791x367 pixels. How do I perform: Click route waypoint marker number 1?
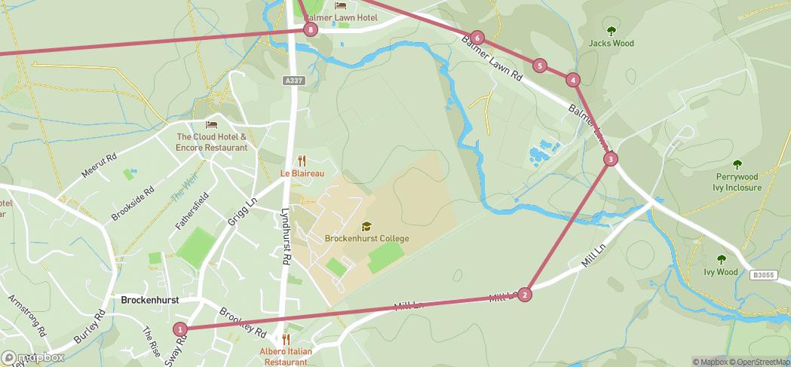(x=179, y=329)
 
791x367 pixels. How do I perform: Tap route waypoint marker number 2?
(x=525, y=295)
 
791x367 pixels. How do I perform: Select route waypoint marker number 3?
(x=610, y=159)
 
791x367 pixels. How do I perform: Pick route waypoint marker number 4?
(x=573, y=80)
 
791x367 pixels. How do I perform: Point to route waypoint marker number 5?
(x=539, y=66)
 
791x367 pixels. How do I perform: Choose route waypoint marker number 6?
(x=477, y=38)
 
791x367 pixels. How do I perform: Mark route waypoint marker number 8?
(x=310, y=30)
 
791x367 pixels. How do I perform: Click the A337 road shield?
(x=294, y=81)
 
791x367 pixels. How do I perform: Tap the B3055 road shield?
(x=763, y=276)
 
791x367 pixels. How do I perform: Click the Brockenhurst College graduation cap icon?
(x=366, y=226)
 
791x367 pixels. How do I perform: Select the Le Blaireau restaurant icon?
(x=302, y=161)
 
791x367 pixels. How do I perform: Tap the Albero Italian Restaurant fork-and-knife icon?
(x=285, y=340)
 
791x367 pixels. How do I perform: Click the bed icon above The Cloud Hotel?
(x=211, y=124)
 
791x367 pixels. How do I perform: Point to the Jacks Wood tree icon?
(x=611, y=31)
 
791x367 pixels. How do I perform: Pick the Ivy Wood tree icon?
(x=721, y=260)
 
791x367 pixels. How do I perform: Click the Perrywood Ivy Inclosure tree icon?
(x=737, y=165)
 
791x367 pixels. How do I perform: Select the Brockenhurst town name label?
(x=149, y=300)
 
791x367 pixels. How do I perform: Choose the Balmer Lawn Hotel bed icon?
(x=339, y=7)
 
